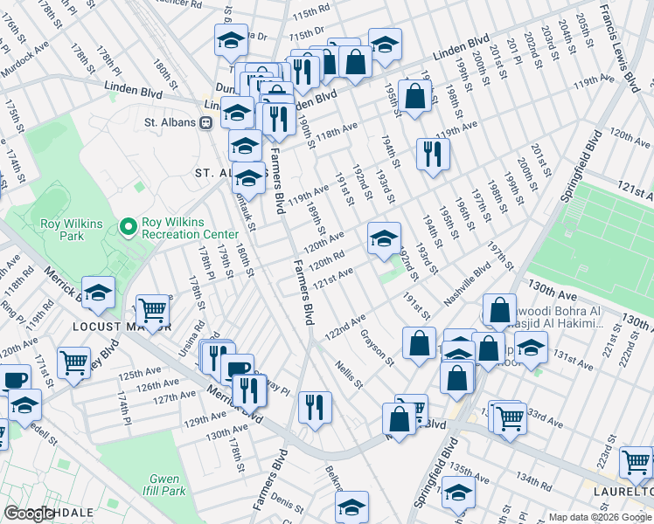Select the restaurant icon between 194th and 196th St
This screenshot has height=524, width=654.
pyautogui.click(x=433, y=155)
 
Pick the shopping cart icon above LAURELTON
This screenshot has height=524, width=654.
pyautogui.click(x=636, y=462)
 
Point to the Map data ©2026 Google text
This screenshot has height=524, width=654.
pyautogui.click(x=600, y=517)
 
